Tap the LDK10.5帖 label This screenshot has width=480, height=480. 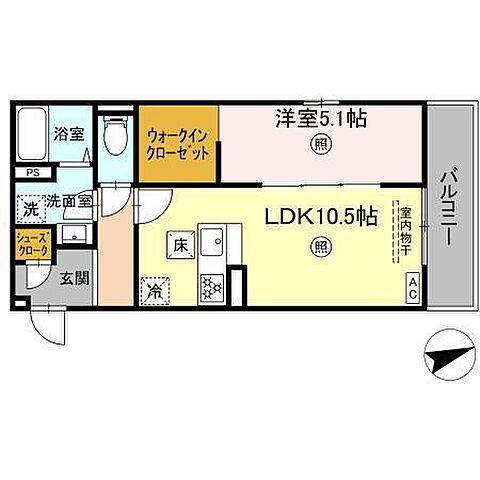pyautogui.click(x=319, y=215)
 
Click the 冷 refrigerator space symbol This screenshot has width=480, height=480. pyautogui.click(x=156, y=290)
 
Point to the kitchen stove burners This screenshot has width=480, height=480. pyautogui.click(x=212, y=287)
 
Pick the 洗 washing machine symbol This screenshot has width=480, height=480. pyautogui.click(x=30, y=211)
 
